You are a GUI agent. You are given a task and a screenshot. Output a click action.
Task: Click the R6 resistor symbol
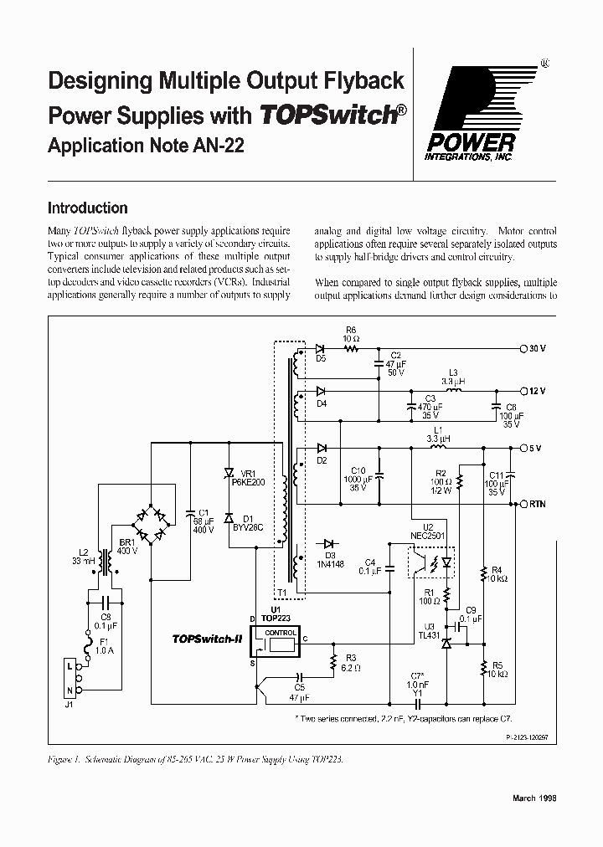point(351,347)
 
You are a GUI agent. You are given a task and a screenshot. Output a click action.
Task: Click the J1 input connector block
point(73,678)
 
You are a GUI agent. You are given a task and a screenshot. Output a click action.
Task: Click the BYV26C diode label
point(247,527)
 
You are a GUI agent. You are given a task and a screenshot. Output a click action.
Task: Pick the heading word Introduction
point(88,208)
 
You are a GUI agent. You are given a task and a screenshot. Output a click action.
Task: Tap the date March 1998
point(533,798)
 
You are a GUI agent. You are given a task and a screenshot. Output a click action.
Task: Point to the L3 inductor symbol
point(452,389)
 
